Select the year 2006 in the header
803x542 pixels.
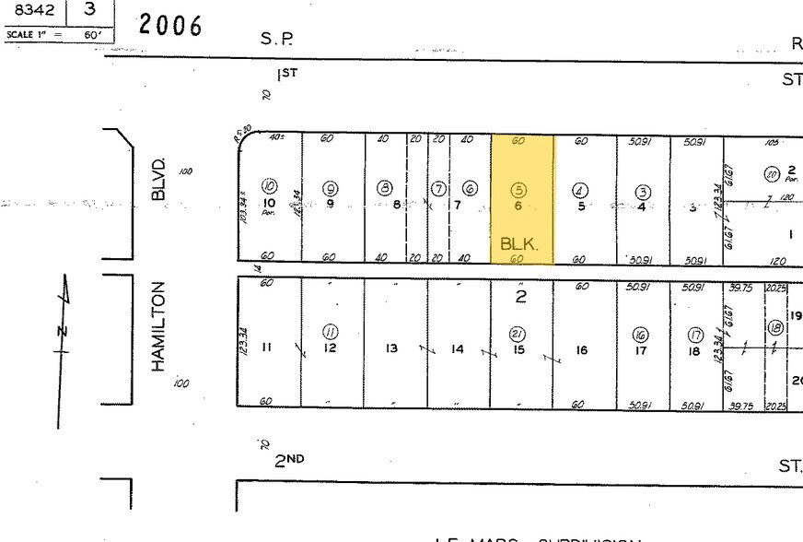(170, 25)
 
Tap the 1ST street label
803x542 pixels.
(288, 74)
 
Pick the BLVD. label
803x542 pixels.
(159, 181)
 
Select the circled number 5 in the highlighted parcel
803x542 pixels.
(518, 189)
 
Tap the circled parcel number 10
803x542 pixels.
(270, 184)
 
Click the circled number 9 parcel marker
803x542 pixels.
(330, 188)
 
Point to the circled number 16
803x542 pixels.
(640, 334)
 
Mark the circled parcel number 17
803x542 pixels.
(696, 335)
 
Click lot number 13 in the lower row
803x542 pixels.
(392, 348)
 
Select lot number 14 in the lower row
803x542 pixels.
(458, 349)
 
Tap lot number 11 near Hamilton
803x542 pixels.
(267, 348)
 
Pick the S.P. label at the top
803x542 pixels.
(276, 40)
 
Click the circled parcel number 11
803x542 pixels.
(330, 332)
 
